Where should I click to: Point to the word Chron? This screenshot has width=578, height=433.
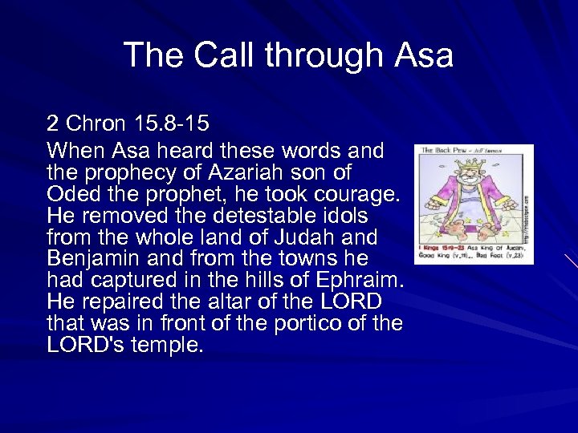(x=96, y=124)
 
